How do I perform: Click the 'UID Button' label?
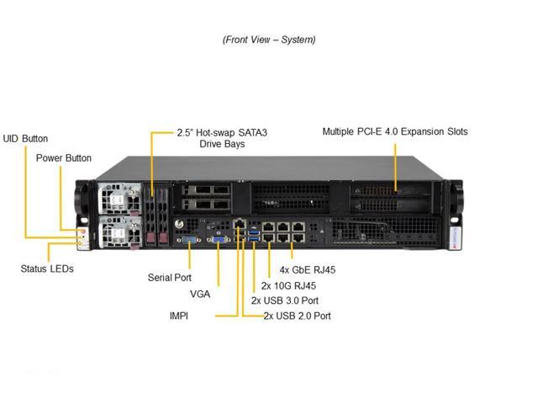25,139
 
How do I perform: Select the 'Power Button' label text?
64,158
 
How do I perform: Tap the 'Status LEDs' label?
47,268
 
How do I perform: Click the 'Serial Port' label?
169,277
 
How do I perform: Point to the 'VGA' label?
200,295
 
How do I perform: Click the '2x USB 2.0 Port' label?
297,316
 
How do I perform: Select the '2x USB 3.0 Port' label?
285,300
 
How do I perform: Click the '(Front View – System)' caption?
269,40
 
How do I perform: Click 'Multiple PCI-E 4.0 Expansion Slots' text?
395,131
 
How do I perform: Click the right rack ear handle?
456,202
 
